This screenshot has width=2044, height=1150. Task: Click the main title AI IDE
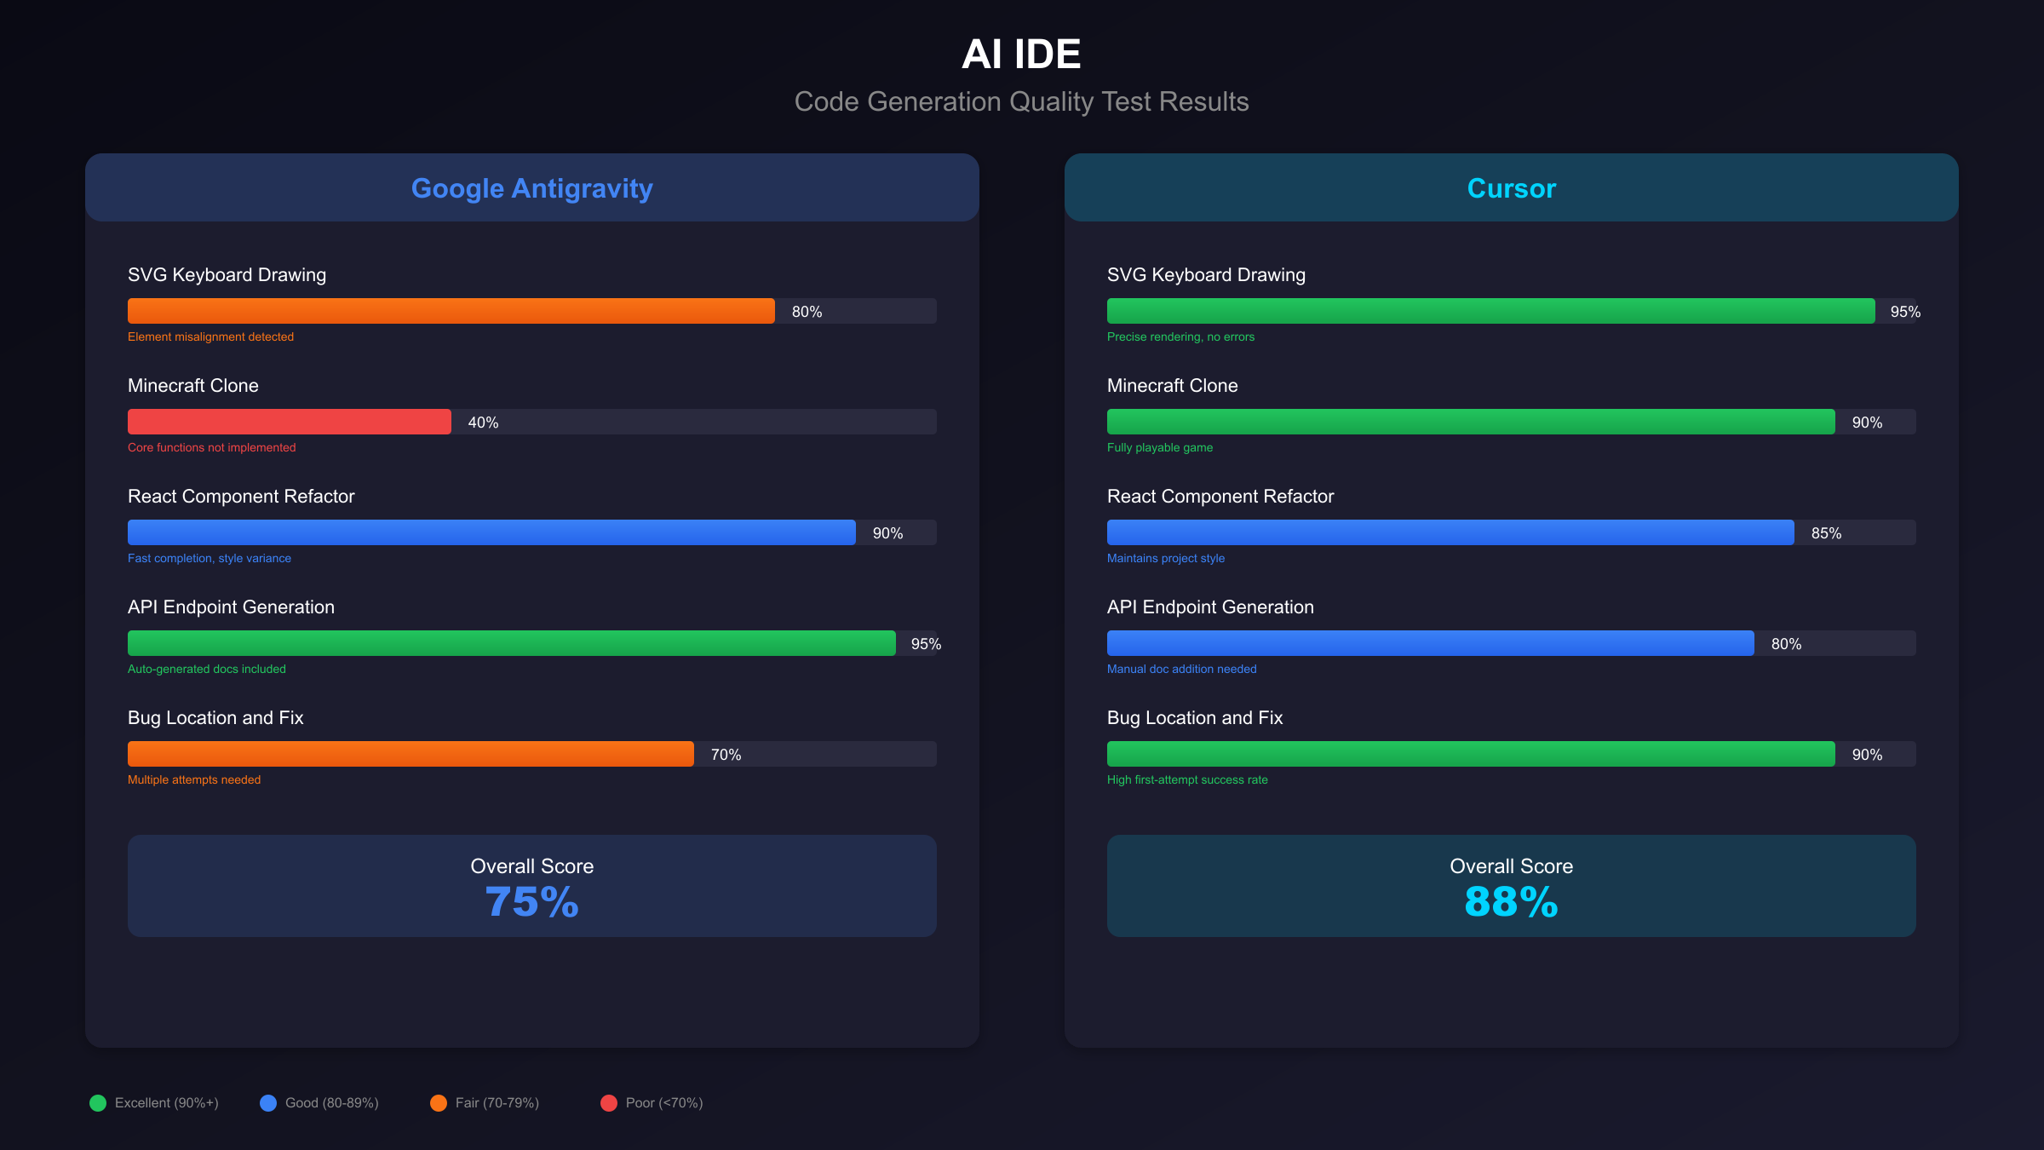point(1021,55)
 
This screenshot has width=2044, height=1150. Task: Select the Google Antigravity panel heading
point(531,188)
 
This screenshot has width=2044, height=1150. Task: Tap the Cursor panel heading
point(1511,188)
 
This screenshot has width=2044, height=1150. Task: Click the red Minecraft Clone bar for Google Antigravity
point(289,422)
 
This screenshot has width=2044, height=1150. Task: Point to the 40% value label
point(483,423)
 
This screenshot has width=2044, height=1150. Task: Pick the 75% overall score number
point(531,902)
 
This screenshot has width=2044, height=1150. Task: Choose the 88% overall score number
point(1511,902)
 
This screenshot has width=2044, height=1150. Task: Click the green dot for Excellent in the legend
point(98,1103)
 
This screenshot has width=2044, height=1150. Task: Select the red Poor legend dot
point(609,1103)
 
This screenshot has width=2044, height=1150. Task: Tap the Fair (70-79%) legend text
point(497,1103)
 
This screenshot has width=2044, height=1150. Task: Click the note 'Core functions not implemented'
point(211,447)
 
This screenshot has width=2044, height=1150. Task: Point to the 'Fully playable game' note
point(1159,447)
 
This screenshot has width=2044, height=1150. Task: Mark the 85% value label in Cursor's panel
point(1826,533)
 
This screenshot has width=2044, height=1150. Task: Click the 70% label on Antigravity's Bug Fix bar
point(726,755)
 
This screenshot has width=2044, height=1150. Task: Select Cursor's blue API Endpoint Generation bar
point(1430,643)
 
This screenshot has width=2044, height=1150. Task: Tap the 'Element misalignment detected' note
point(210,336)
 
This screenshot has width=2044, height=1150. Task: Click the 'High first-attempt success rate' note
point(1186,779)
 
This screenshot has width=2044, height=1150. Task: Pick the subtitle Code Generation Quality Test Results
point(1021,101)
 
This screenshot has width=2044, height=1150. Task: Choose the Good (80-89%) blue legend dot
point(268,1103)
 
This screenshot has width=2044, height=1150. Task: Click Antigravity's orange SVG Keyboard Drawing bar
point(451,311)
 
